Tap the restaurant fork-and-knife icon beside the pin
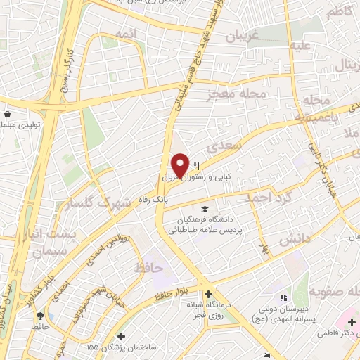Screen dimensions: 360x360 pyautogui.click(x=198, y=166)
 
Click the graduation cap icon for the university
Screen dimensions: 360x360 pyautogui.click(x=205, y=209)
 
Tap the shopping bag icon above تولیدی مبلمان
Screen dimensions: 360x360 pyautogui.click(x=7, y=114)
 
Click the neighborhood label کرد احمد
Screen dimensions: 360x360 pyautogui.click(x=267, y=198)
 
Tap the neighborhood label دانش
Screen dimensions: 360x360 pyautogui.click(x=295, y=240)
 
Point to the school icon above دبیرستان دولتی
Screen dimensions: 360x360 pyautogui.click(x=283, y=298)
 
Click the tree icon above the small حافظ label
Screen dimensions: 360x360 pyautogui.click(x=40, y=316)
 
